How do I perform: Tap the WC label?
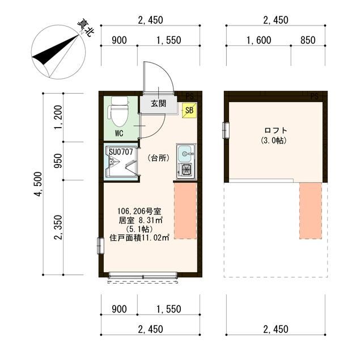point(119,134)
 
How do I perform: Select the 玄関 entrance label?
point(158,104)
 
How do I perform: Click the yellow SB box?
point(189,111)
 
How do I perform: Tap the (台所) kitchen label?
point(158,158)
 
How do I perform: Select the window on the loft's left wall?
point(226,130)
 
